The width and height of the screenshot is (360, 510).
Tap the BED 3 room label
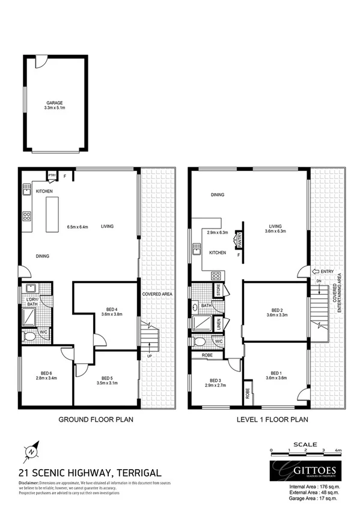tap(216, 380)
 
